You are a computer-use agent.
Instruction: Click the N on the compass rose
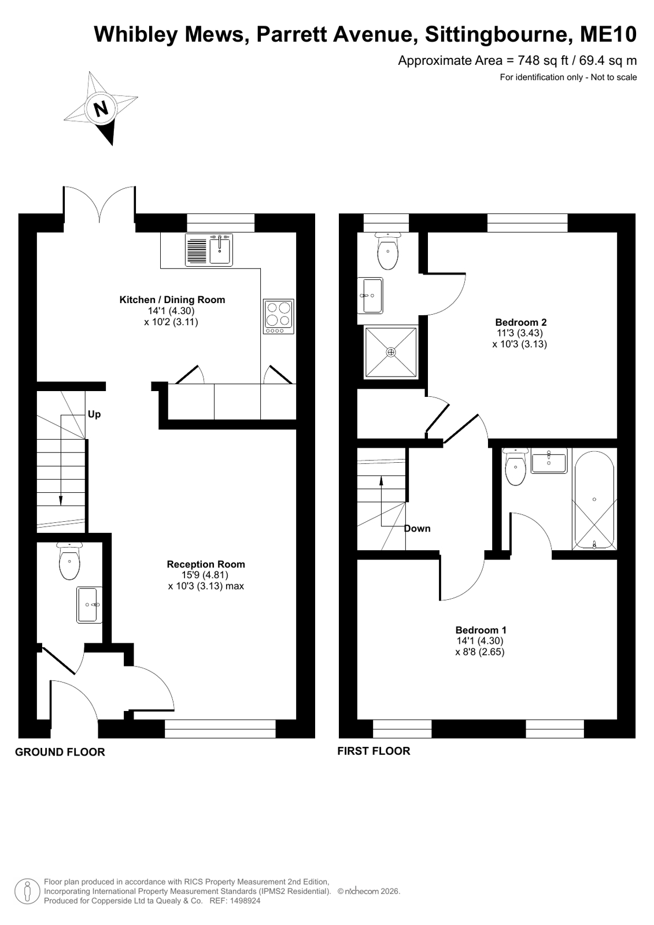point(101,109)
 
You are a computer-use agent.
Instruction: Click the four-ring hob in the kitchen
point(279,316)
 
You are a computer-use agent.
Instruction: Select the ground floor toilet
point(69,561)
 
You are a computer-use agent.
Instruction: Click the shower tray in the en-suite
point(390,352)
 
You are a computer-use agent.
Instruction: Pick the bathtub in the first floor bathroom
point(594,500)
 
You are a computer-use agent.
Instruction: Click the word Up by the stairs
point(94,414)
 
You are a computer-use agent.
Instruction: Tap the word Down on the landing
point(417,529)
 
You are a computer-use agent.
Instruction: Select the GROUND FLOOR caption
point(60,752)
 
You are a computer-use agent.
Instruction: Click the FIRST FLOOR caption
point(374,751)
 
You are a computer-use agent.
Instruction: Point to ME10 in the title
point(608,34)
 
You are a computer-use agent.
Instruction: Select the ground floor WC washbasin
point(89,605)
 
